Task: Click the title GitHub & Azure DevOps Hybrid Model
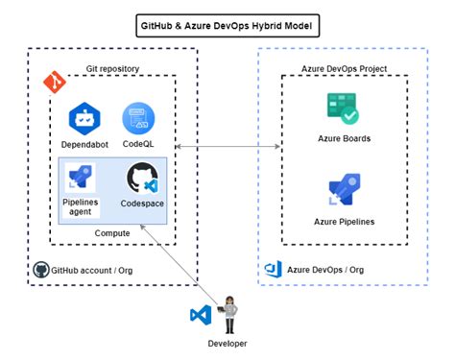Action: pyautogui.click(x=227, y=22)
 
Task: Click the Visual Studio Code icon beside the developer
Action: pyautogui.click(x=201, y=315)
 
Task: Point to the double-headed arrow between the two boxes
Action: pyautogui.click(x=227, y=147)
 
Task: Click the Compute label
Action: pyautogui.click(x=111, y=232)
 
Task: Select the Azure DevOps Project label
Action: pyautogui.click(x=342, y=68)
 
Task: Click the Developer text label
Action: pyautogui.click(x=227, y=344)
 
